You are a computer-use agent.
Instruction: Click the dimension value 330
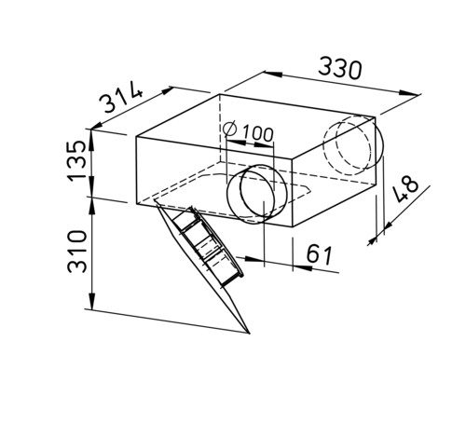340,68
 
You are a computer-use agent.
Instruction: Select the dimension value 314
121,97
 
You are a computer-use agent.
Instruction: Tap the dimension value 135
76,160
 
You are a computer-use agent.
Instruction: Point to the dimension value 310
77,252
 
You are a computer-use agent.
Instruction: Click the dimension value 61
320,254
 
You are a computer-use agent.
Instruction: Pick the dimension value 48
405,188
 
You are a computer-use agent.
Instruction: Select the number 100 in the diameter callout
258,134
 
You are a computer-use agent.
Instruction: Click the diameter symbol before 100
230,130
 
